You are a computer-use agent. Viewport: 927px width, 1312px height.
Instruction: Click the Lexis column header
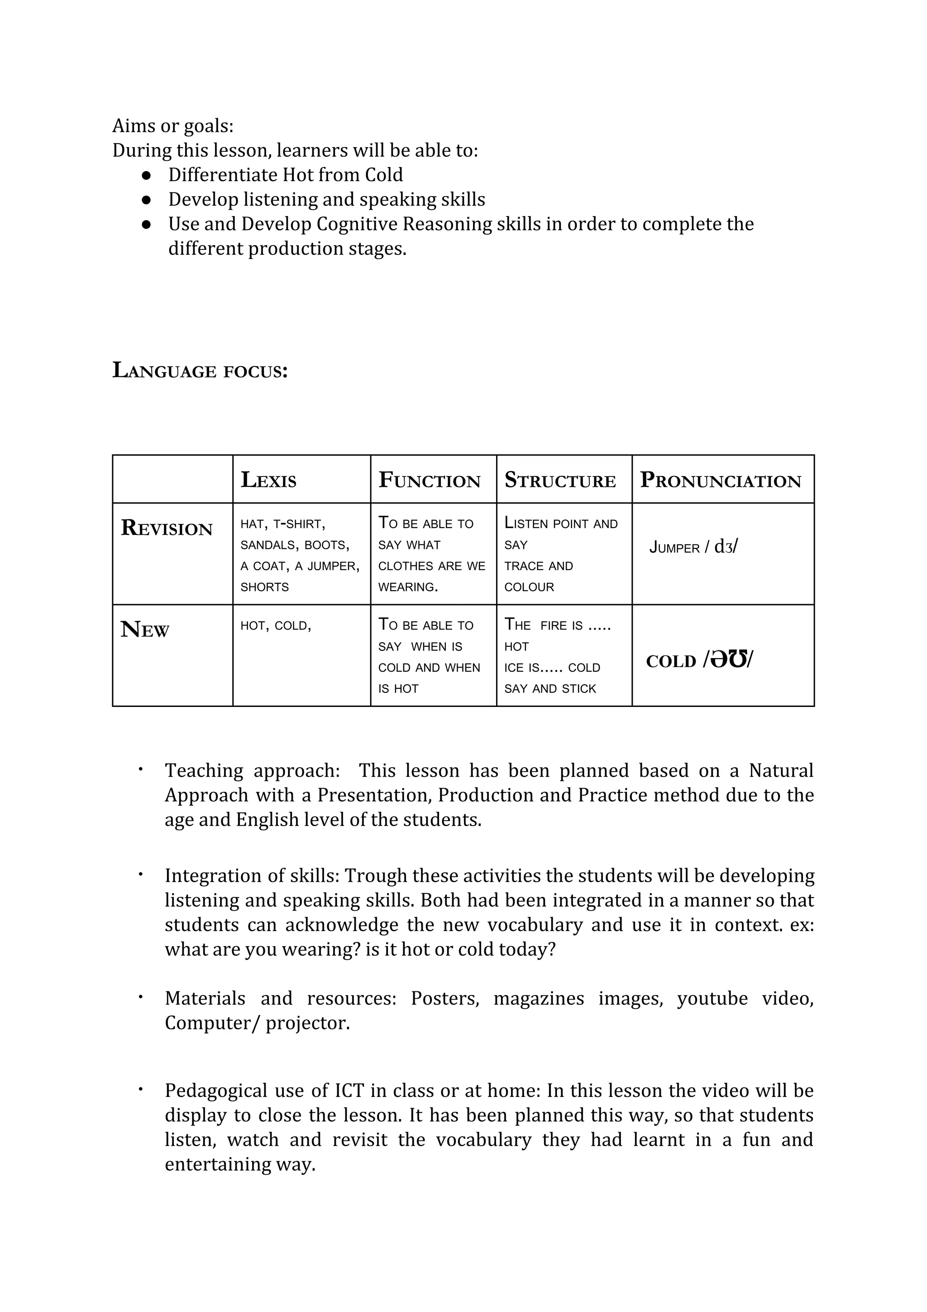click(268, 480)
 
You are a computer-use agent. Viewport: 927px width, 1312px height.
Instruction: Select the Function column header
click(430, 480)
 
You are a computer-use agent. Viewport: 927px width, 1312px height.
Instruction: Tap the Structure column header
click(560, 480)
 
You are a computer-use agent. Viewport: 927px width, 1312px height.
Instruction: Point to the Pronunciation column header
click(720, 480)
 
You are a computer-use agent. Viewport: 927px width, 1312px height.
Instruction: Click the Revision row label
click(167, 528)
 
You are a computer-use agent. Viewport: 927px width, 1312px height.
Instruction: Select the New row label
click(145, 630)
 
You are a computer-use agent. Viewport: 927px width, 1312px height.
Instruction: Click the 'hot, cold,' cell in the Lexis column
click(275, 626)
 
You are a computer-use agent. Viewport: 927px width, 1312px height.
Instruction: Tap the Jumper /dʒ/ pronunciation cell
click(693, 547)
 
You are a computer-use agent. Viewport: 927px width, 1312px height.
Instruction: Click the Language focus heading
click(200, 370)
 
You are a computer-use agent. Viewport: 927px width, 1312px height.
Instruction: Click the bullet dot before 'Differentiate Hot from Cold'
click(146, 175)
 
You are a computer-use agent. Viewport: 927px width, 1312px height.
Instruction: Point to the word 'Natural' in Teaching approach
click(780, 770)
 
